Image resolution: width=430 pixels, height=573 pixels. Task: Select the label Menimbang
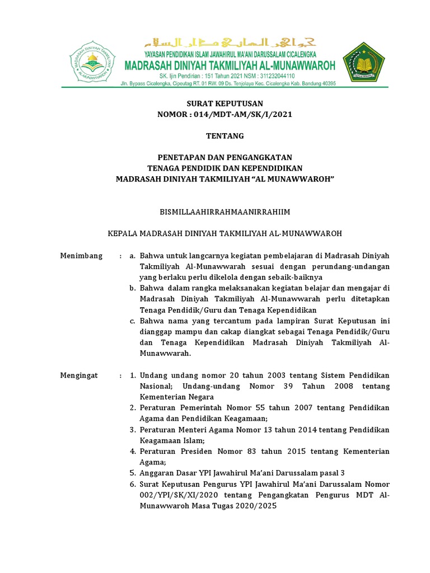[x=81, y=256]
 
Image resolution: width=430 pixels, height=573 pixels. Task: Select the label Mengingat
[x=79, y=375]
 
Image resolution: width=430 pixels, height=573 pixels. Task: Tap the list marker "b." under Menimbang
[x=133, y=288]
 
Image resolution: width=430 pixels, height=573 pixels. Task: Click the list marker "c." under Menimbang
[x=133, y=321]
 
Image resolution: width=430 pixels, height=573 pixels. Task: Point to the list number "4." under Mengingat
[x=133, y=451]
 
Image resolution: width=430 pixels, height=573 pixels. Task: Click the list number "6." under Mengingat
[x=133, y=483]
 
